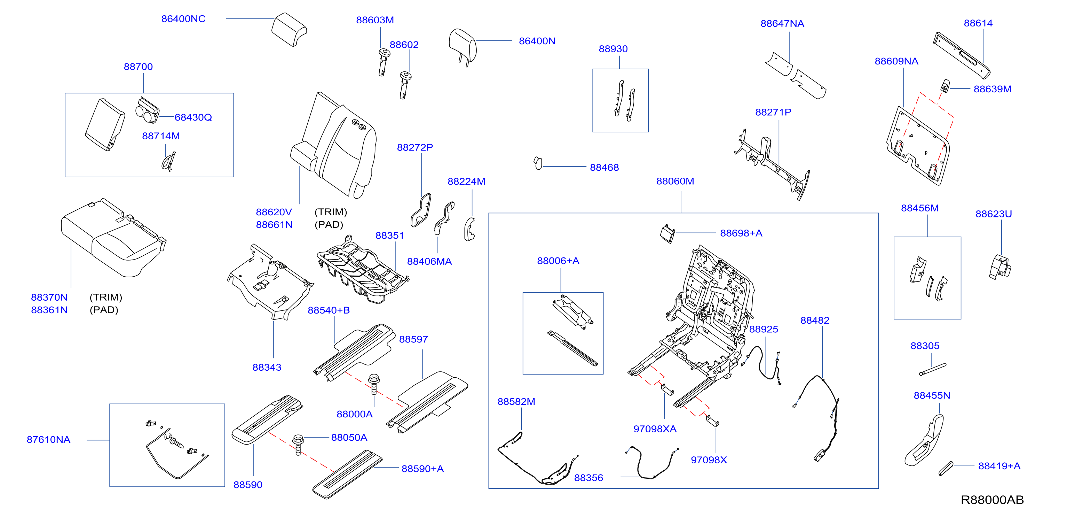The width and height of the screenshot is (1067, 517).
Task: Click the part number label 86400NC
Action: tap(183, 19)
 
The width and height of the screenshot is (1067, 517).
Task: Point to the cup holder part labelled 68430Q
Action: tap(147, 110)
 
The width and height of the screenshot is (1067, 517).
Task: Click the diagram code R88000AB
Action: tap(992, 500)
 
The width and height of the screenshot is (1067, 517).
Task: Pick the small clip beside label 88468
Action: tap(538, 163)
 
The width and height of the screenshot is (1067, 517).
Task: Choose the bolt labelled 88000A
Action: tap(374, 384)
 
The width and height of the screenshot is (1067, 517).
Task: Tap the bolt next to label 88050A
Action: tap(298, 445)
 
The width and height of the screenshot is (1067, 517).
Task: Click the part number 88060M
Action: tap(675, 181)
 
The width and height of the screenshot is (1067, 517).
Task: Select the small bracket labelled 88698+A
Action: tap(667, 234)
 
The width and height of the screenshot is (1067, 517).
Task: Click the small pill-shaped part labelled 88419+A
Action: tap(946, 468)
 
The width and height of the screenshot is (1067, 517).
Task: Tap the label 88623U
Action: tap(993, 214)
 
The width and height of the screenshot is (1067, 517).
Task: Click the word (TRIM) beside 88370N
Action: tap(106, 297)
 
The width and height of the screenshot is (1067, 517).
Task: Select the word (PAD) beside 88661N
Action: tap(329, 224)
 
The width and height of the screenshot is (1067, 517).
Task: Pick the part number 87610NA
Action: tap(48, 439)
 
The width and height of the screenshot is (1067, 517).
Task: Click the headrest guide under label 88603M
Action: tap(384, 62)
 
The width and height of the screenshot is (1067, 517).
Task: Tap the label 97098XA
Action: tap(655, 429)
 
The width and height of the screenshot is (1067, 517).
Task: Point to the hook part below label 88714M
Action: tap(168, 162)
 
